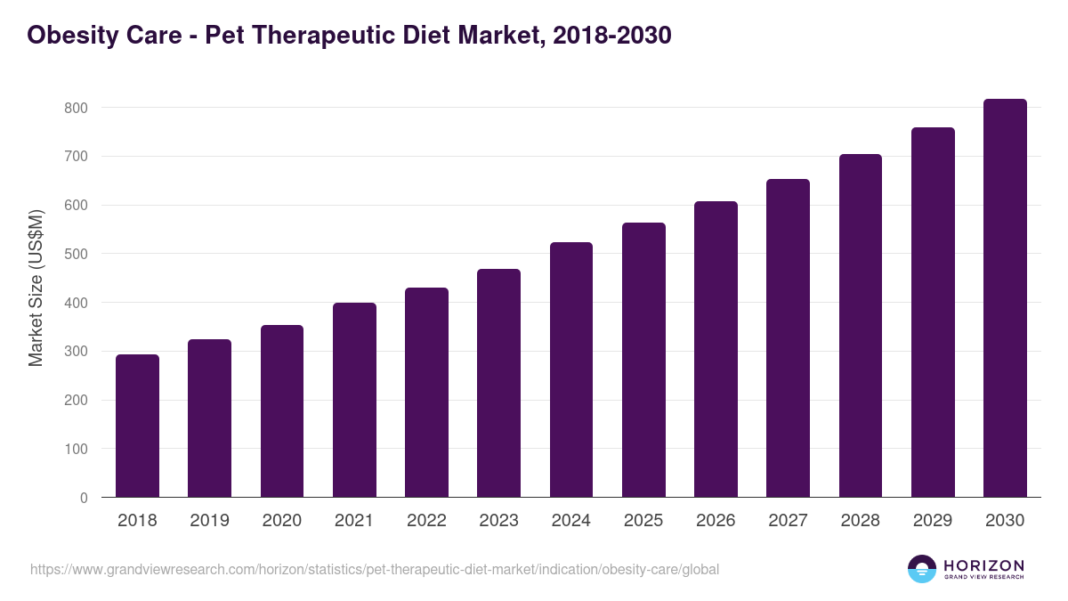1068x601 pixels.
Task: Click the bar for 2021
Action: pyautogui.click(x=354, y=400)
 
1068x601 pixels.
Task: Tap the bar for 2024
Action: pyautogui.click(x=571, y=370)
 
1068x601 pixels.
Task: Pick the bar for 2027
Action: pyautogui.click(x=788, y=338)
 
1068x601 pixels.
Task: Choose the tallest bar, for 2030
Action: pyautogui.click(x=1005, y=298)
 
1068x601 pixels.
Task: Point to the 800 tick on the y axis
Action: pyautogui.click(x=77, y=108)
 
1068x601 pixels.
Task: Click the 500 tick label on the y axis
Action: pyautogui.click(x=77, y=254)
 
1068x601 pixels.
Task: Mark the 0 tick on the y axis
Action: pyautogui.click(x=84, y=498)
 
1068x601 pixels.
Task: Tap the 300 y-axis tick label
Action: pyautogui.click(x=77, y=352)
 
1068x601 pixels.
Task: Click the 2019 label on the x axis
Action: pyautogui.click(x=209, y=521)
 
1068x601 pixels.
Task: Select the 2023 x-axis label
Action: pyautogui.click(x=498, y=521)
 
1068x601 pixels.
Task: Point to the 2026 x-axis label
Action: pyautogui.click(x=716, y=521)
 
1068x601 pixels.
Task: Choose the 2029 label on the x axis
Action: pyautogui.click(x=933, y=521)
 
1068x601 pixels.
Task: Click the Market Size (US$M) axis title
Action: pyautogui.click(x=36, y=287)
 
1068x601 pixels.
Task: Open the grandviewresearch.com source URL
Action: pyautogui.click(x=375, y=569)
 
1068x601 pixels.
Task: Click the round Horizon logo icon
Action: pyautogui.click(x=922, y=569)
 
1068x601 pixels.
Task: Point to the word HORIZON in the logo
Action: pyautogui.click(x=983, y=564)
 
